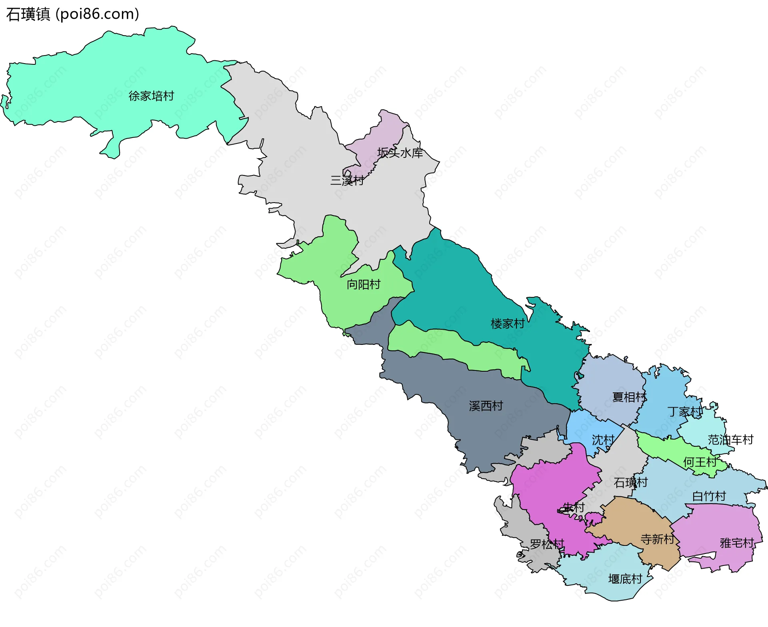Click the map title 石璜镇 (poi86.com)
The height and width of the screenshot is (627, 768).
pos(72,14)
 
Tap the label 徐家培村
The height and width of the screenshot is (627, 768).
pos(151,96)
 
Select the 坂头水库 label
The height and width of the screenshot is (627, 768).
pos(400,153)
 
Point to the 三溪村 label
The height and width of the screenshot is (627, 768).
pos(347,181)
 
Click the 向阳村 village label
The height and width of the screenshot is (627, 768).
pos(363,285)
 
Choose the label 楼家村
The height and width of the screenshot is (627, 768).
pos(508,324)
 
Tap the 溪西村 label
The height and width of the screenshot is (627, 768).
pos(486,406)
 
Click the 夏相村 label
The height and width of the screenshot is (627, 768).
pos(629,397)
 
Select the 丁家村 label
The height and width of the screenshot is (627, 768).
pos(685,412)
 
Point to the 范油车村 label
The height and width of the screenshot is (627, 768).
pos(730,440)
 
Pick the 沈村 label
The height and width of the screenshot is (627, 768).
pos(603,440)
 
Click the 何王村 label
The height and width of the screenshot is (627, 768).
pos(700,462)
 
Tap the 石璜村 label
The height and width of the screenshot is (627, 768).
pos(630,482)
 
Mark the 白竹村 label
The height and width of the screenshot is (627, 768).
pos(709,496)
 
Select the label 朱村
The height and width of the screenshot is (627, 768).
pos(574,508)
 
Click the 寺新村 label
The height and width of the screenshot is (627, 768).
pos(657,539)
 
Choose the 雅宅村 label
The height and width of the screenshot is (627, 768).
pos(736,543)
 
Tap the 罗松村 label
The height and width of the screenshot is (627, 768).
pos(547,544)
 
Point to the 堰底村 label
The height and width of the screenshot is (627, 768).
pos(625,579)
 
